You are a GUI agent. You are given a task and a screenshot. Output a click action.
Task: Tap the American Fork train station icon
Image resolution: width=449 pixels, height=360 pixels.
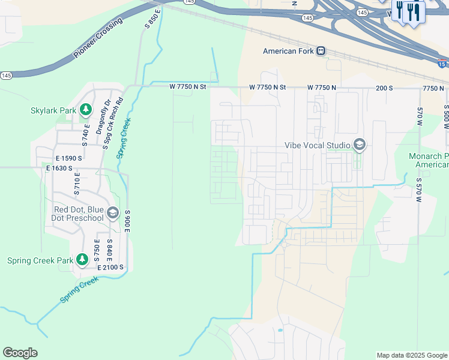point(321,51)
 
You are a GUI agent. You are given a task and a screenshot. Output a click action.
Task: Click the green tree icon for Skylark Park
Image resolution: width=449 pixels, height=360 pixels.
point(86,110)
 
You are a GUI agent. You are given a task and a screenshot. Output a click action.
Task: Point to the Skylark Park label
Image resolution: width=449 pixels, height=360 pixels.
point(53,110)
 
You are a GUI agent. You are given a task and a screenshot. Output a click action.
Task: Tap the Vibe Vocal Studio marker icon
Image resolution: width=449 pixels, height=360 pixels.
point(359,145)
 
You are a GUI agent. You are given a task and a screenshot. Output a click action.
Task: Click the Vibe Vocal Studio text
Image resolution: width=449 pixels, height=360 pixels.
point(318,145)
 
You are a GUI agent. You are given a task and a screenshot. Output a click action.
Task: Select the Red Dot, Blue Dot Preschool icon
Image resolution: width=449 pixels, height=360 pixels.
point(112,213)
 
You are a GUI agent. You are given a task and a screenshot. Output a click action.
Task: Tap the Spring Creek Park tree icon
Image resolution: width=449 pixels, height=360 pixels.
point(82,260)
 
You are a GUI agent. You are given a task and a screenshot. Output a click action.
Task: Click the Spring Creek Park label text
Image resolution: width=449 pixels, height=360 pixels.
point(40,260)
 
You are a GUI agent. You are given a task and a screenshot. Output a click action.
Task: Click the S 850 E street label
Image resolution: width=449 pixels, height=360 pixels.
point(153,16)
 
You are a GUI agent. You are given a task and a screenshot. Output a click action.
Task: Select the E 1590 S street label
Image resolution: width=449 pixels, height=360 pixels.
point(64,158)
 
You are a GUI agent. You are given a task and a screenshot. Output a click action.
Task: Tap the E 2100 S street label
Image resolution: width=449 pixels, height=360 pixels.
point(107,267)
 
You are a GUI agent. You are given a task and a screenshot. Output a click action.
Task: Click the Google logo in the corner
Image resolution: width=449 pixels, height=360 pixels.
point(20,353)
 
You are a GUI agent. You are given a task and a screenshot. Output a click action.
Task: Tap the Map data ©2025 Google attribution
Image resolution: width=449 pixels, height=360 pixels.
point(411,355)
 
